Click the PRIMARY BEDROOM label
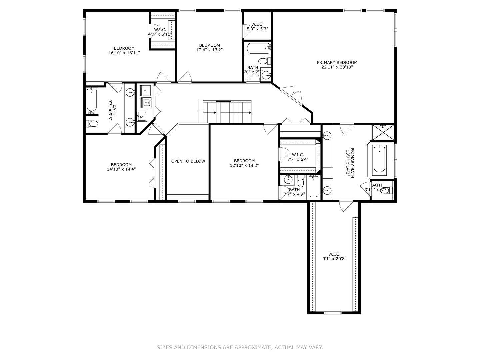click(x=337, y=62)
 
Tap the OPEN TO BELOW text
click(x=188, y=161)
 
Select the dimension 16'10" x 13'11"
click(x=124, y=53)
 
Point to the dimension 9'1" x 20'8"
click(x=334, y=259)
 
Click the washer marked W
click(x=146, y=103)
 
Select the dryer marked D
click(x=145, y=91)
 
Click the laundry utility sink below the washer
click(x=142, y=116)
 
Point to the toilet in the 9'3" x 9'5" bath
click(x=92, y=124)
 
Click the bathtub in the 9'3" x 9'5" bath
click(x=92, y=100)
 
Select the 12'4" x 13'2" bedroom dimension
click(x=209, y=50)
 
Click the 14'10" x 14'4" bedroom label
click(x=121, y=167)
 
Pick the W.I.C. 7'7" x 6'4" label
click(x=298, y=157)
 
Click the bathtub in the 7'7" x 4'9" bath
click(x=313, y=187)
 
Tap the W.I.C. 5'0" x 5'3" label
click(x=257, y=27)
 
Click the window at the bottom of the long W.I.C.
click(x=333, y=313)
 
